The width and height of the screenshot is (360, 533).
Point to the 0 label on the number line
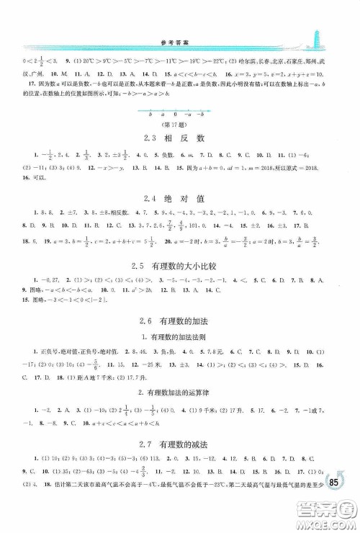click(176, 115)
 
